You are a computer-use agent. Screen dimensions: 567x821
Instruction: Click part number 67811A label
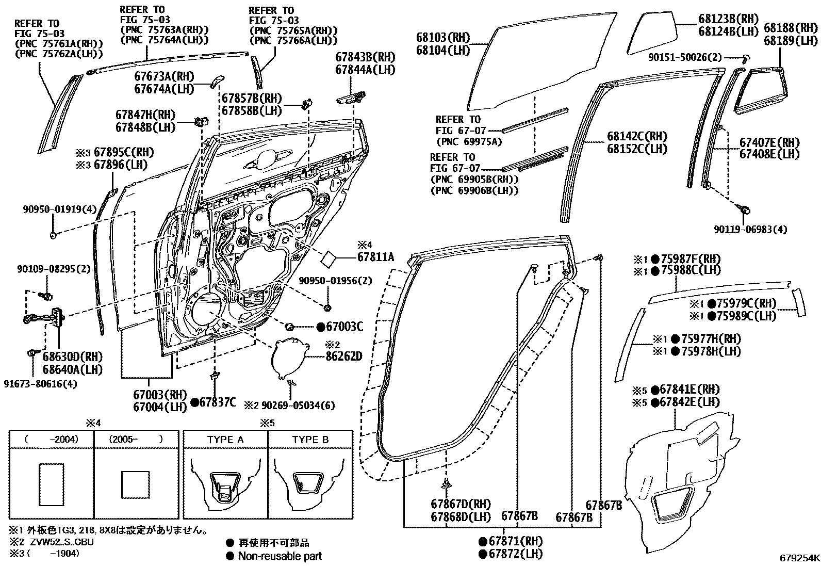pos(375,256)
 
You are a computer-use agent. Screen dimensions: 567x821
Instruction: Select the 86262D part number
pos(343,357)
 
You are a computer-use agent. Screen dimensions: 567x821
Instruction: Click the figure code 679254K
pos(799,558)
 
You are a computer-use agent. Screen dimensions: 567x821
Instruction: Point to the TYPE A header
pos(225,440)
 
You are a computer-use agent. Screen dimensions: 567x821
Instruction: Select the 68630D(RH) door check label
pos(72,357)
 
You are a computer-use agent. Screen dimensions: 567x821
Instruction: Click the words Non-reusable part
pos(280,556)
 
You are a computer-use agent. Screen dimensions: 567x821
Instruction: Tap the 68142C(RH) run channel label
pos(637,137)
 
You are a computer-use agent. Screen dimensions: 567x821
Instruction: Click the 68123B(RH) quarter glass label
pos(729,19)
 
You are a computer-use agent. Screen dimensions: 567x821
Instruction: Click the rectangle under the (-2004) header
pos(51,484)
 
